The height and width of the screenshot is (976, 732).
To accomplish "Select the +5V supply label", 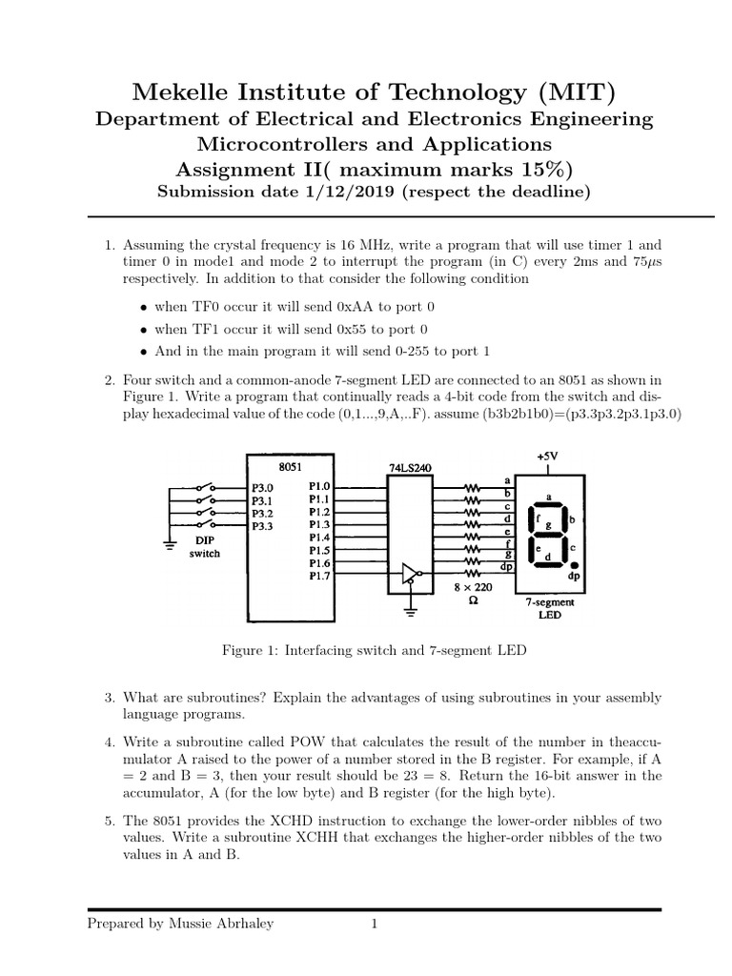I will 547,457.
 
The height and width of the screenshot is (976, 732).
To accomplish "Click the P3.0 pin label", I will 263,486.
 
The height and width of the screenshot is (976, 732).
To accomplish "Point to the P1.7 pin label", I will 319,577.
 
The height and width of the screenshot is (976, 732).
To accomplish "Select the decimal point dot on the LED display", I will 573,564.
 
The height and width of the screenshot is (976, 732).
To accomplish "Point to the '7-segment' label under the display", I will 548,603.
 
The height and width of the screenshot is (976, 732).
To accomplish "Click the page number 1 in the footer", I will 375,924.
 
